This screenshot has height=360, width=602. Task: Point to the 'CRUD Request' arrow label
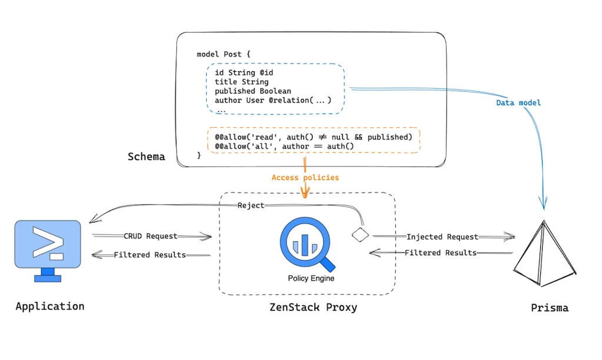click(x=150, y=236)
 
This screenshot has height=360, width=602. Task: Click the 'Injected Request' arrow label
click(x=442, y=236)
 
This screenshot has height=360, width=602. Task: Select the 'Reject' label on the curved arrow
click(x=250, y=205)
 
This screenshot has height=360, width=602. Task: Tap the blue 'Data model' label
click(x=518, y=103)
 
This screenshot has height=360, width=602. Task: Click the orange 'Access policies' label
click(x=305, y=177)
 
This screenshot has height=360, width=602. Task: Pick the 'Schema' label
click(x=146, y=157)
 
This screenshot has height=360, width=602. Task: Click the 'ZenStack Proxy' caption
click(x=313, y=307)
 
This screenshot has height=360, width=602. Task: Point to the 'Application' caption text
click(x=50, y=306)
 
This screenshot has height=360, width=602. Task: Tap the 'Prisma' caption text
click(x=549, y=308)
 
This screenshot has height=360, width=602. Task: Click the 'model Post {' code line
click(x=223, y=54)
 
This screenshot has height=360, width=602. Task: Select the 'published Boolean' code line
click(x=253, y=91)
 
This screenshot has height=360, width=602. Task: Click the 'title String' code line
click(x=241, y=82)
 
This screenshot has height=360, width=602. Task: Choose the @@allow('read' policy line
click(x=313, y=136)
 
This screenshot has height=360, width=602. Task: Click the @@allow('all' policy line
click(x=285, y=146)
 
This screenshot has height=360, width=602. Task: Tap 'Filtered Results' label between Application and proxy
click(x=150, y=255)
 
